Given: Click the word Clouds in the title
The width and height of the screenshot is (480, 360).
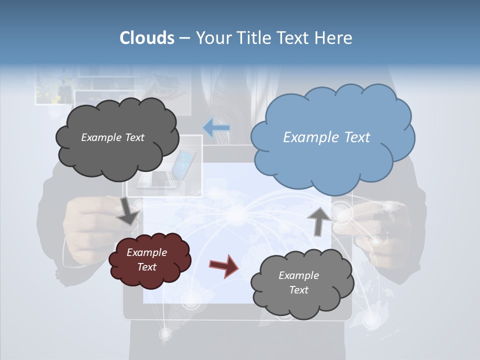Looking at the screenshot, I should click(x=147, y=38).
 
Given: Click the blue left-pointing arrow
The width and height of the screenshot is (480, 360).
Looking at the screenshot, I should click(x=216, y=128).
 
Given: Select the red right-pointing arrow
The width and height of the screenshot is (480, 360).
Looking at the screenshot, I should click(x=224, y=265).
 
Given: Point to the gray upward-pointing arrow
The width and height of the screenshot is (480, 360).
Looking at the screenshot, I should click(x=318, y=220).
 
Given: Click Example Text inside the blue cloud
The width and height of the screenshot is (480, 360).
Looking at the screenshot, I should click(x=326, y=137).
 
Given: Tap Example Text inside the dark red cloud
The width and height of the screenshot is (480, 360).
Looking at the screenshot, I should click(x=147, y=259).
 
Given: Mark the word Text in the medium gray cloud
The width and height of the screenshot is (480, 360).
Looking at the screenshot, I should click(x=299, y=290).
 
